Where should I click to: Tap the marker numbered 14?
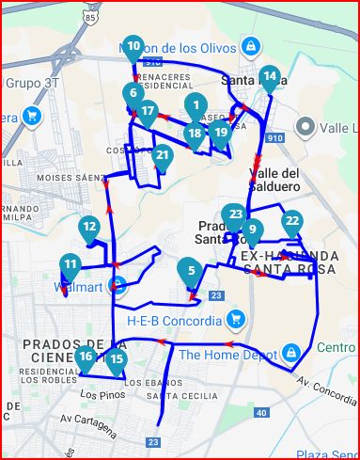[270, 77]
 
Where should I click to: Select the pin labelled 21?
[163, 156]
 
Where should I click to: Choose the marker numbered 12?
[89, 228]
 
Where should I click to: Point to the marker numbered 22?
[292, 222]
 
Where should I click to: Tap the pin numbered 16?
[86, 357]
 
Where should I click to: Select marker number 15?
[116, 359]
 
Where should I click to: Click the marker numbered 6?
[133, 93]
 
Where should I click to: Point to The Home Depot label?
[227, 355]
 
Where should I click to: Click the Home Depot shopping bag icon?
[291, 354]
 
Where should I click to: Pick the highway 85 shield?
[89, 16]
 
